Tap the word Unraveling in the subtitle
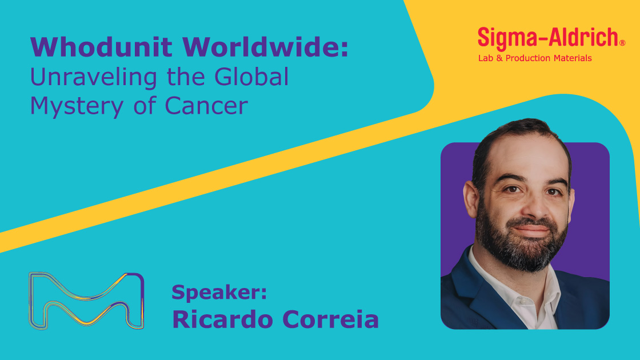click(x=94, y=78)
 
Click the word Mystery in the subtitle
click(x=77, y=106)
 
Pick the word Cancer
click(x=206, y=106)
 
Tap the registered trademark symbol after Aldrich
click(x=622, y=43)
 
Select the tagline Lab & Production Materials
click(x=535, y=58)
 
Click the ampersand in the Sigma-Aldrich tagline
click(x=499, y=58)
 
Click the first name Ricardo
click(x=222, y=319)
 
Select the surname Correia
click(x=331, y=319)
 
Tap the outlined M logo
click(x=86, y=301)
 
